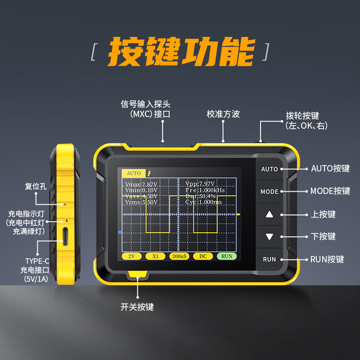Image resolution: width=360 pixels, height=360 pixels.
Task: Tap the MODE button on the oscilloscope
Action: (269, 192)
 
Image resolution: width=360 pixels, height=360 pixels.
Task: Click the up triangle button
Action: (269, 214)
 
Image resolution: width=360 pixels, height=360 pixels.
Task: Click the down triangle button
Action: (269, 237)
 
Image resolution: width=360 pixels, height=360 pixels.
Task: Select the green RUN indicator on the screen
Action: (226, 256)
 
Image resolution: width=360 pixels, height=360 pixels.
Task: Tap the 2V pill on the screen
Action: (131, 256)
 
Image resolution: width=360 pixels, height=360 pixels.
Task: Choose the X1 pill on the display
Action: (155, 256)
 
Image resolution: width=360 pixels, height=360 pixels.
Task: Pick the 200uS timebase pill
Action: (179, 256)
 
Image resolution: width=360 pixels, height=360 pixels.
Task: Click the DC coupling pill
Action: (203, 256)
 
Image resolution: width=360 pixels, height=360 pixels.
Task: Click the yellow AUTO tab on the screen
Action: (134, 173)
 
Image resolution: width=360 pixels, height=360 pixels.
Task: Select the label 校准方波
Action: (223, 114)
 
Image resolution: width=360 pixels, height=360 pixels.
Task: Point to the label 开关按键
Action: (137, 307)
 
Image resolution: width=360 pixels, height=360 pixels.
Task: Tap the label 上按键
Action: (323, 214)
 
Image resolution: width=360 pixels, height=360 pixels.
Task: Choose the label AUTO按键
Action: (330, 168)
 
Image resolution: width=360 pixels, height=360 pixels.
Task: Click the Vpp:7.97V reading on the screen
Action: (200, 184)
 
